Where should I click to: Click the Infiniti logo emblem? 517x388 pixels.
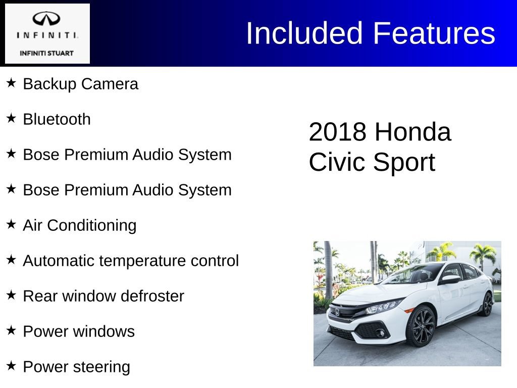click(x=46, y=19)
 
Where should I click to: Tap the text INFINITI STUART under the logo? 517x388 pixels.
click(x=46, y=53)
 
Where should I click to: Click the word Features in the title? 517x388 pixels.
click(x=434, y=33)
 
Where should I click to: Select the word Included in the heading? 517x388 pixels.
click(x=304, y=33)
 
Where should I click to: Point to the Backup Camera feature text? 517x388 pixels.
click(x=80, y=84)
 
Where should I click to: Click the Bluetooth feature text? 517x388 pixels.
click(x=57, y=119)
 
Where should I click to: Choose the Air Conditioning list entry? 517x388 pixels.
click(x=79, y=225)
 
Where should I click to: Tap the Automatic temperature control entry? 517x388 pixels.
click(x=131, y=261)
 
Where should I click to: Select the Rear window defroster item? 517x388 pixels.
click(x=103, y=296)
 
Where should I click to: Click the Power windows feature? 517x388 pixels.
click(x=79, y=331)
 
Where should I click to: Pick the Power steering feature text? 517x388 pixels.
click(x=76, y=367)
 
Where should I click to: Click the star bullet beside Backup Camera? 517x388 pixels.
click(x=11, y=82)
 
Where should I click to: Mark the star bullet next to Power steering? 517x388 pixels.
click(x=11, y=365)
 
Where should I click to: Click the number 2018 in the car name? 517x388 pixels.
click(x=337, y=132)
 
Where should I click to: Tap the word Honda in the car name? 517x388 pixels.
click(x=413, y=132)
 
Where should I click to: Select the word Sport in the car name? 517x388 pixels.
click(x=404, y=163)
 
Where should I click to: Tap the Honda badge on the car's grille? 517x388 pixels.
click(x=337, y=312)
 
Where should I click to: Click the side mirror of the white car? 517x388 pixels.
click(x=449, y=279)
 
